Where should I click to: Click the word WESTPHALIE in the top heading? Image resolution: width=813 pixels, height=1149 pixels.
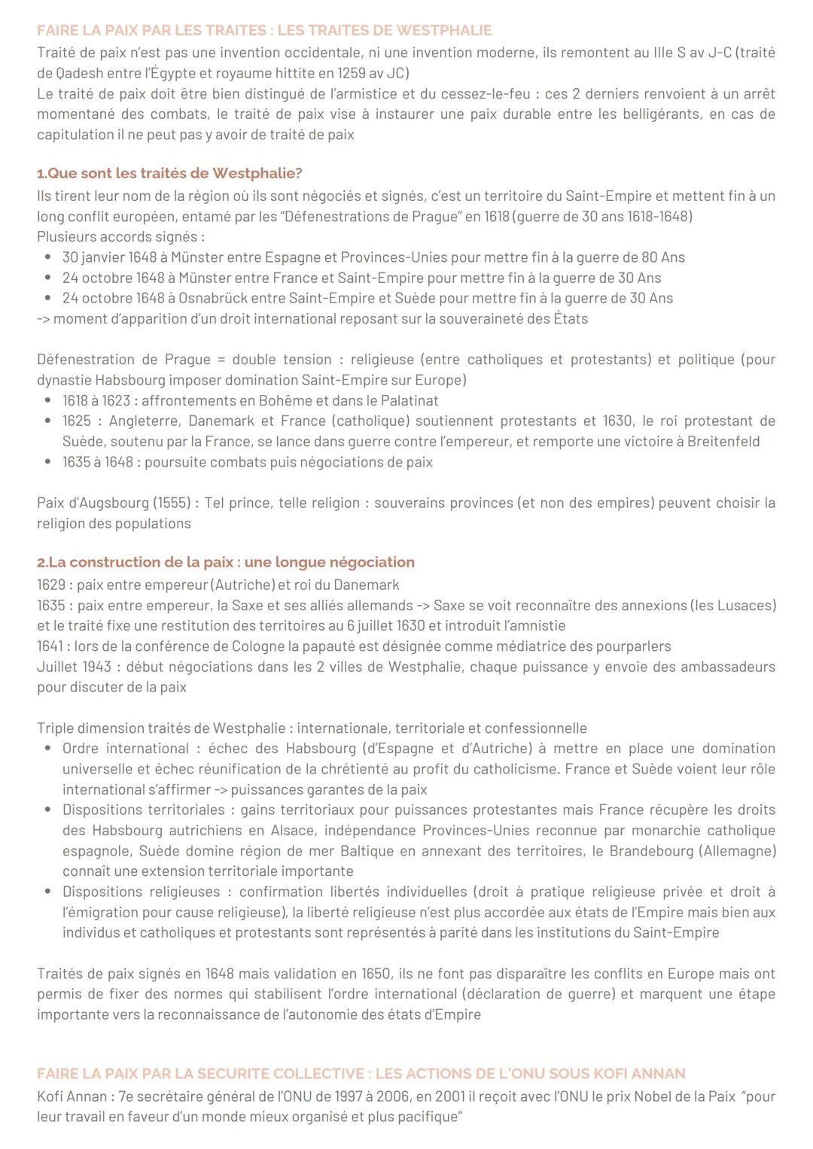pos(443,31)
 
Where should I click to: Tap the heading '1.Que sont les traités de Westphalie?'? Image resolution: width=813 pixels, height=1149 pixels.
pos(169,173)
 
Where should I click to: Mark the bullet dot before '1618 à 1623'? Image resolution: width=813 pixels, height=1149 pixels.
pos(48,401)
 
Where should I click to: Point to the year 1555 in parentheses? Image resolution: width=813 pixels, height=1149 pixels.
pos(172,503)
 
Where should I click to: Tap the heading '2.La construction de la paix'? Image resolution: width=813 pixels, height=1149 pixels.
pos(226,562)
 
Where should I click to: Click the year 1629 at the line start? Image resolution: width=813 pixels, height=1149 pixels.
pos(51,585)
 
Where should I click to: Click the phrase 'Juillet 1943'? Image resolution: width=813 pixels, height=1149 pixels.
pos(74,667)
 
